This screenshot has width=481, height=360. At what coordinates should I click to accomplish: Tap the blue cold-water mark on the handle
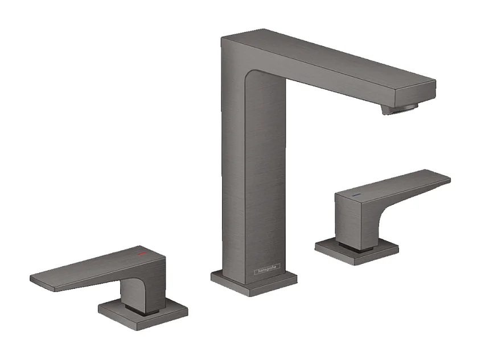click(x=356, y=195)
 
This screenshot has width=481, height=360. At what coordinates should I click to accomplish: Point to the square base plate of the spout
click(x=254, y=282)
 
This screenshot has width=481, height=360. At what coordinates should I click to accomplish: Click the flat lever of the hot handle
click(x=85, y=271)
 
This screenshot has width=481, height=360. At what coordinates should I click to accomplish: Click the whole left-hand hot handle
click(x=114, y=284)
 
